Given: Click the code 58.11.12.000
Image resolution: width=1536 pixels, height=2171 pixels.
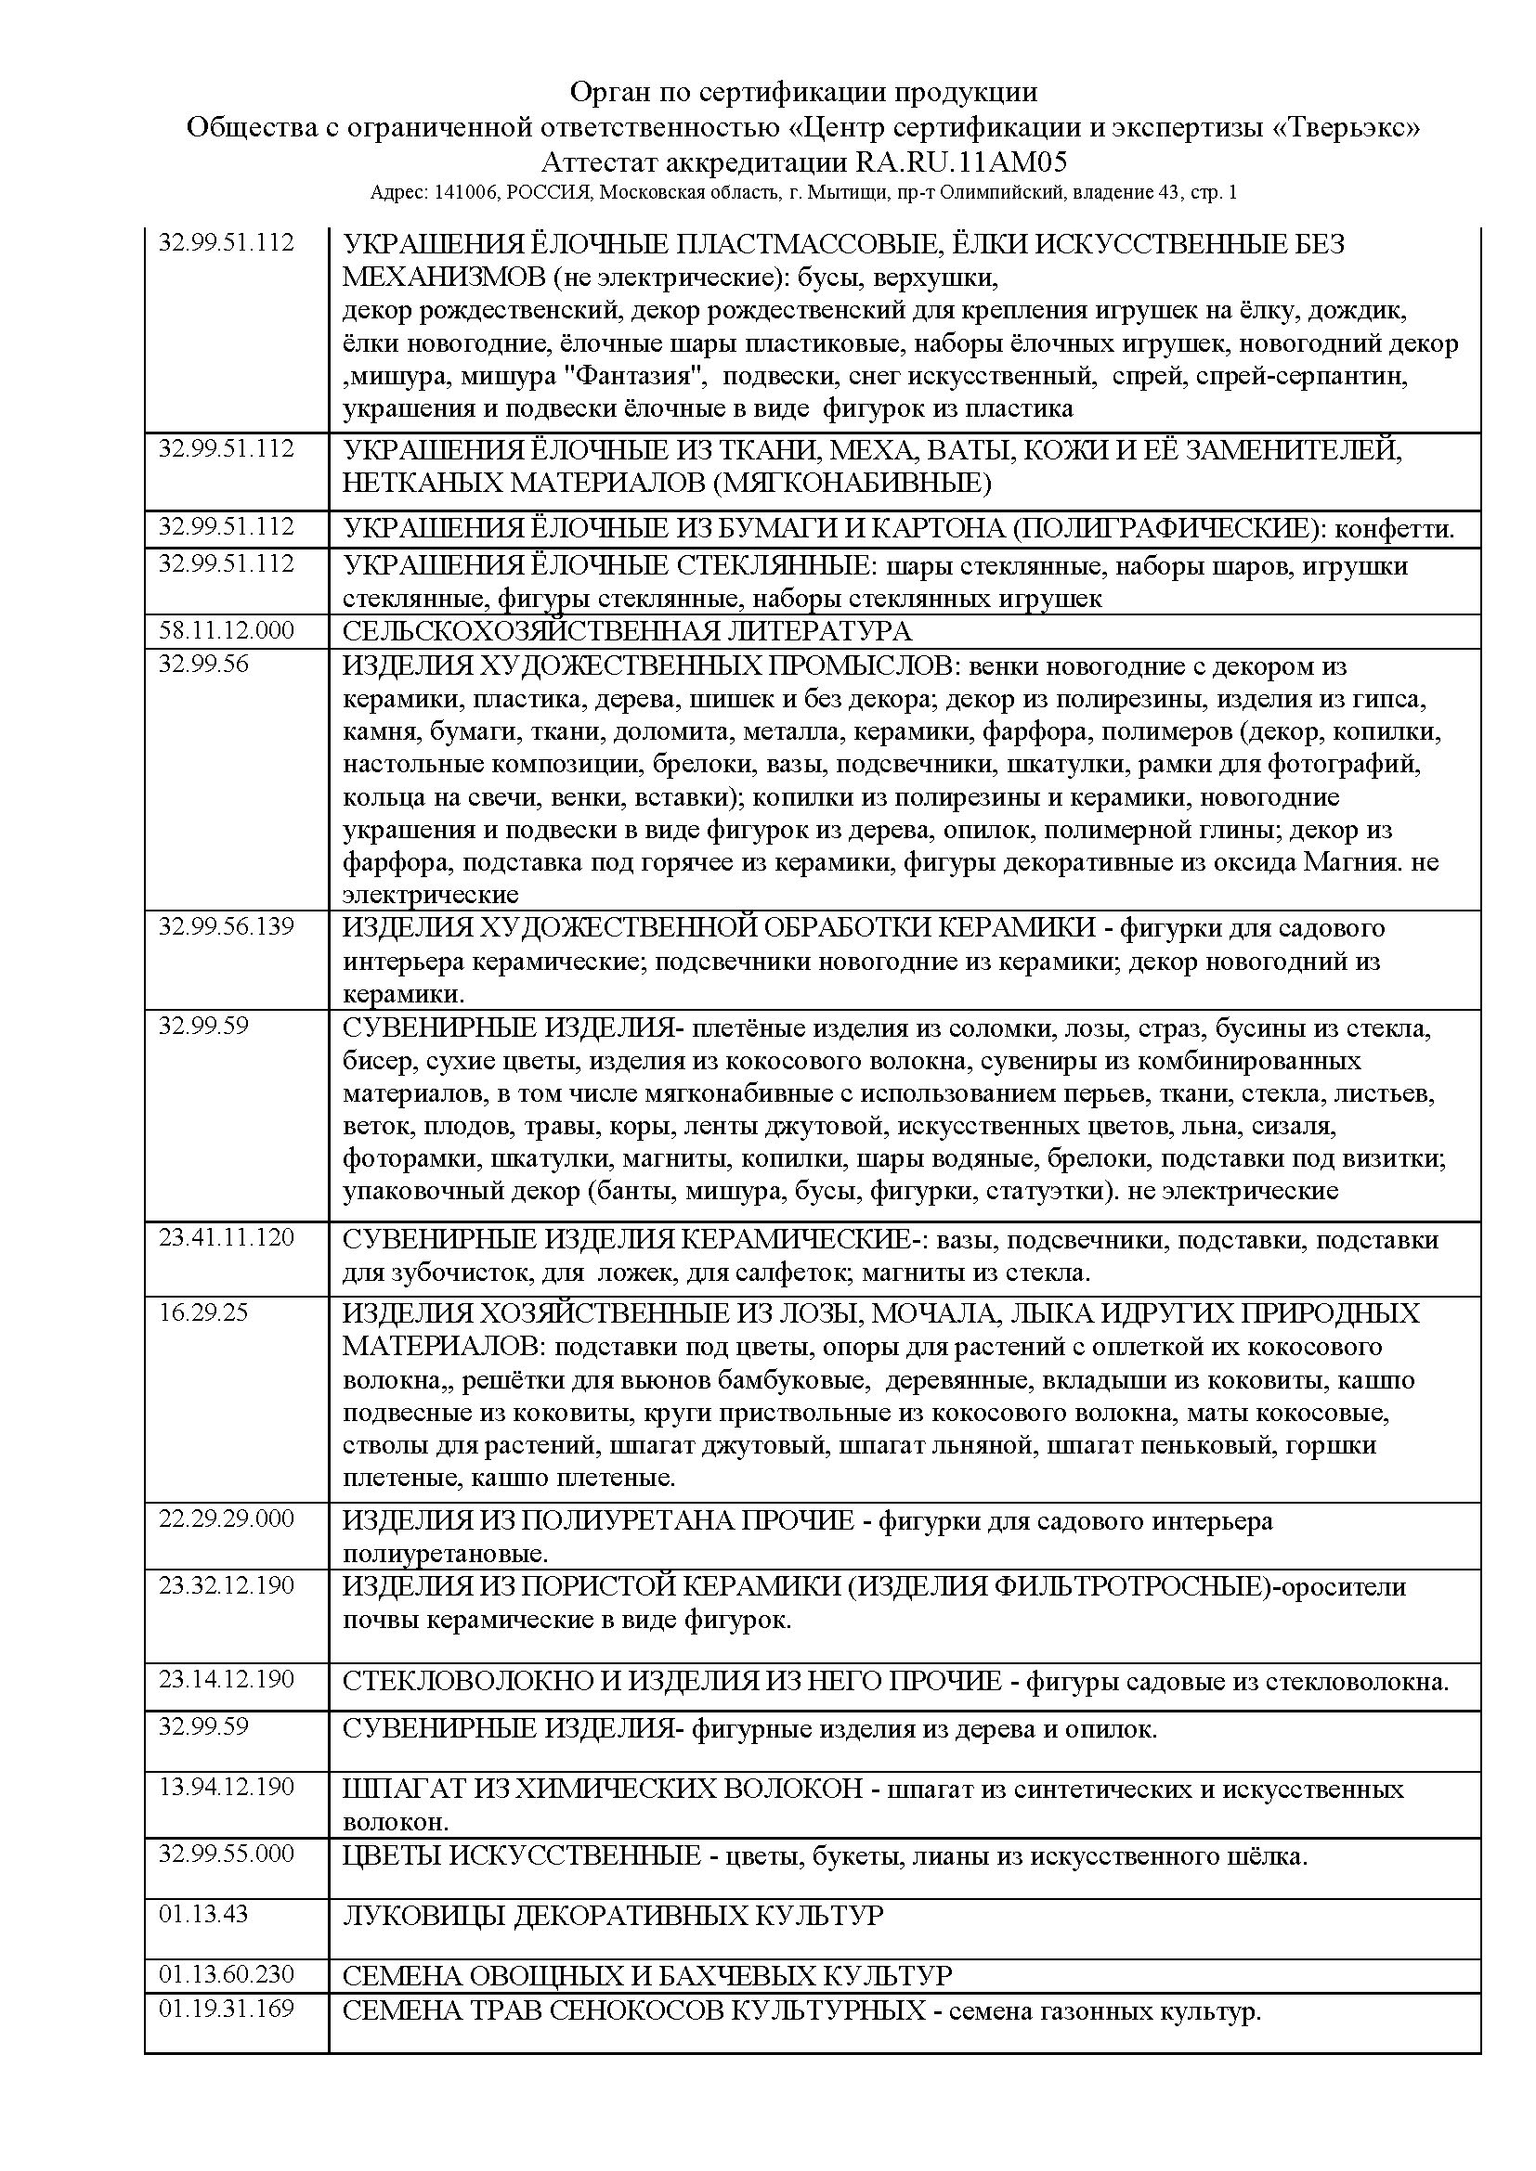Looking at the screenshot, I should click(226, 630).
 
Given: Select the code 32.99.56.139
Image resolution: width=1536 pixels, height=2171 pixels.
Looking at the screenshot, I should click(226, 926).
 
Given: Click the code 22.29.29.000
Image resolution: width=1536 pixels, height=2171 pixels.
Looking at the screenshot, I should click(226, 1518).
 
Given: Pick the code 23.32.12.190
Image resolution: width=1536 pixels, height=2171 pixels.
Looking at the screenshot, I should click(226, 1584).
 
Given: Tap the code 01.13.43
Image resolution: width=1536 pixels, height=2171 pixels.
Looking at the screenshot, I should click(203, 1914).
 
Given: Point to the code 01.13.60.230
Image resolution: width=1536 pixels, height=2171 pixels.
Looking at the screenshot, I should click(226, 1974).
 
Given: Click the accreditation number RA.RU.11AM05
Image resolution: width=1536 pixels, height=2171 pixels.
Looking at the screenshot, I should click(961, 162).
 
